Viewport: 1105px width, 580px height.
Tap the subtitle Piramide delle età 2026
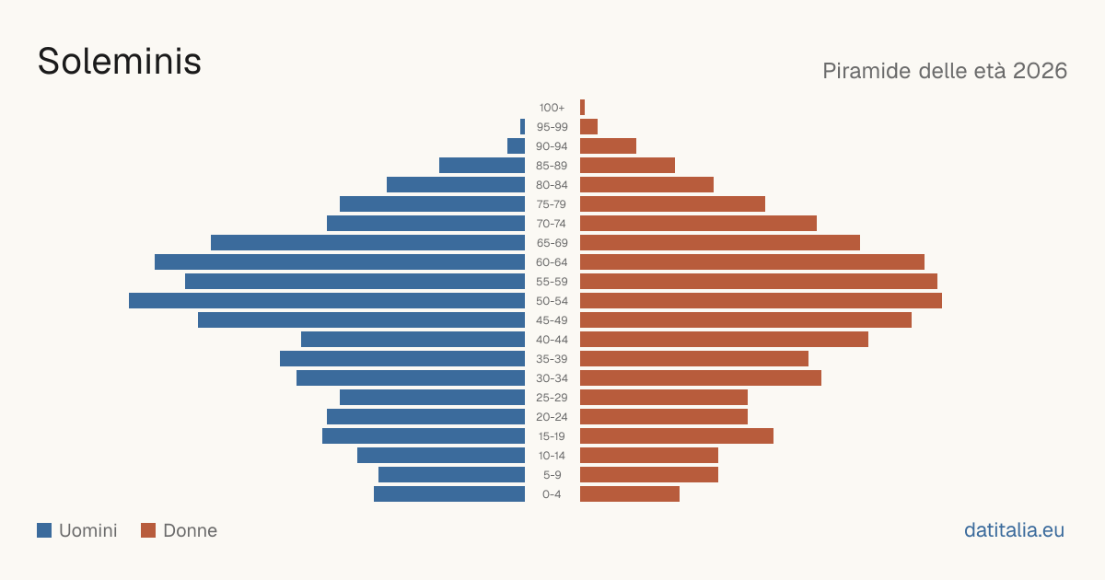(945, 71)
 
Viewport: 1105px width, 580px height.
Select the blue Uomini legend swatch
(44, 530)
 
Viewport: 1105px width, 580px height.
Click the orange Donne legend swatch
(148, 530)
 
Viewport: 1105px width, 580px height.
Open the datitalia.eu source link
(1014, 530)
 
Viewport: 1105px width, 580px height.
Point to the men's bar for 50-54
(327, 301)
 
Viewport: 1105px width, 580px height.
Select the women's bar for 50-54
(761, 301)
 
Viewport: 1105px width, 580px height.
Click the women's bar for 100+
(582, 108)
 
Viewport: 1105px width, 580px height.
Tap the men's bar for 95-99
(522, 127)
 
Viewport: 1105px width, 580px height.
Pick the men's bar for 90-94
(516, 146)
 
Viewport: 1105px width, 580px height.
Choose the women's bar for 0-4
(630, 494)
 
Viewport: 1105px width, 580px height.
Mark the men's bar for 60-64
(340, 261)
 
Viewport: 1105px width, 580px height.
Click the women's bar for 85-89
(627, 165)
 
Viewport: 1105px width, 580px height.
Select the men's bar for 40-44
(413, 340)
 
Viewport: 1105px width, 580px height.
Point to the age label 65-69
(552, 243)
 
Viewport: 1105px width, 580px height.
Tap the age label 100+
(552, 108)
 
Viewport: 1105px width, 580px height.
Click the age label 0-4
(552, 494)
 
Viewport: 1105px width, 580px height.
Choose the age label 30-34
(552, 378)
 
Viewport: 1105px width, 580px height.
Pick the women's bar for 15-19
(677, 436)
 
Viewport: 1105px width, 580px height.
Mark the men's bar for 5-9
(451, 475)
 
